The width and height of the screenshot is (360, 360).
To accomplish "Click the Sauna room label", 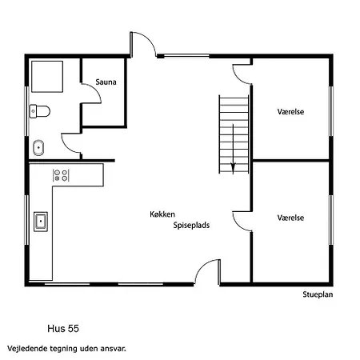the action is tap(106, 82).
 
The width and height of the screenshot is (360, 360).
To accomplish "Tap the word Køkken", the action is tap(162, 214).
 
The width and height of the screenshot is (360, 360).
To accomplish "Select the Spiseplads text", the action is tap(191, 225).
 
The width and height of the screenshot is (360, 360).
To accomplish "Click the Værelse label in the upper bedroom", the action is tap(290, 111).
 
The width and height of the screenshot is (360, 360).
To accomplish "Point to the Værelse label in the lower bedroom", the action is tap(290, 218).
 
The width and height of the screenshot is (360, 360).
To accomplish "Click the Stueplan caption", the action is tap(318, 294).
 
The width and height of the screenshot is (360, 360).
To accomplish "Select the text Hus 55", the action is tap(63, 329).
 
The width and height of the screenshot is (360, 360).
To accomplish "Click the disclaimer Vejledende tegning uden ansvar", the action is tap(66, 349).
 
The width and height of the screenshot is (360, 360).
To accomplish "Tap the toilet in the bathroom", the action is tap(40, 111).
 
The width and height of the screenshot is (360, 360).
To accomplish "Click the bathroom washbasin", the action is tap(38, 147).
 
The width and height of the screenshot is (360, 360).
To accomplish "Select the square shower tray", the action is tap(47, 77).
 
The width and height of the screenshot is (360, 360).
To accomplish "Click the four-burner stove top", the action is tap(61, 175).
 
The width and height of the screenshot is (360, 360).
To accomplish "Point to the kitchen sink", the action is tap(41, 222).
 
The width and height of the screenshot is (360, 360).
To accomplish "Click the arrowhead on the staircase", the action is tap(233, 168).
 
